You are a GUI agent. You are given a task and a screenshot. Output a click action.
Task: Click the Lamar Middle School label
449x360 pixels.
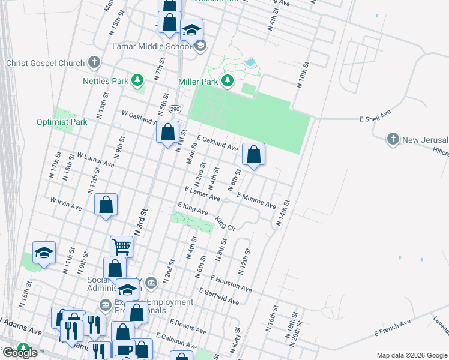click(x=152, y=46)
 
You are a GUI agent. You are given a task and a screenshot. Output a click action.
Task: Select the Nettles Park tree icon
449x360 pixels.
click(x=137, y=80)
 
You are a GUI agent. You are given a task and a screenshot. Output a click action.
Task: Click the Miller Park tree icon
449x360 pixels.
click(x=228, y=80)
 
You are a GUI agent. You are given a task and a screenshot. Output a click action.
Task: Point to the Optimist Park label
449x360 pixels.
click(x=61, y=122)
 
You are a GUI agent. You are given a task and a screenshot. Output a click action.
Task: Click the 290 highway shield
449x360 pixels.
click(x=174, y=109)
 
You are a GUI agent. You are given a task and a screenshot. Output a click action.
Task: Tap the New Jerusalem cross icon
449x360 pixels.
click(x=393, y=139)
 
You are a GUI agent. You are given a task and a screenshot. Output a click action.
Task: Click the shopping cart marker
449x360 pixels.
click(x=121, y=245)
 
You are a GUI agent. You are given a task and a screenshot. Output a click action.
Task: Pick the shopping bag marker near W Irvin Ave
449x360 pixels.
click(x=106, y=205)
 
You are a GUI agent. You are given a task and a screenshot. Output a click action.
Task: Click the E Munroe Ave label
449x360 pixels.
click(x=257, y=200)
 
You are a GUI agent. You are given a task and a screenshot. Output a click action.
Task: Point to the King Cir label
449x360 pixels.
click(x=225, y=224)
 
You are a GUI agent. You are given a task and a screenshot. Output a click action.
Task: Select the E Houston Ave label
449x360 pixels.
click(x=231, y=283)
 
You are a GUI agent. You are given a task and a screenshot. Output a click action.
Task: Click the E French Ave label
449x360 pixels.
click(x=393, y=327)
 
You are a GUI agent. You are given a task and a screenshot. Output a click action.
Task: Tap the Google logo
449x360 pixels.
click(x=20, y=353)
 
